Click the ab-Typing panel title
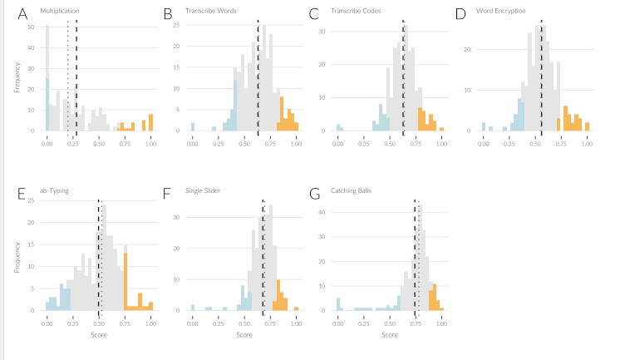pyautogui.click(x=54, y=190)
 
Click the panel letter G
pyautogui.click(x=314, y=194)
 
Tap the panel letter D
pyautogui.click(x=460, y=14)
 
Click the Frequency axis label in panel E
pyautogui.click(x=17, y=256)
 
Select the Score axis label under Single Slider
pyautogui.click(x=244, y=334)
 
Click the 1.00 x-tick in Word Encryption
pyautogui.click(x=587, y=144)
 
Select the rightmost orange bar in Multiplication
pyautogui.click(x=150, y=122)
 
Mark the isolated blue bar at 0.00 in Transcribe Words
pyautogui.click(x=193, y=127)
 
